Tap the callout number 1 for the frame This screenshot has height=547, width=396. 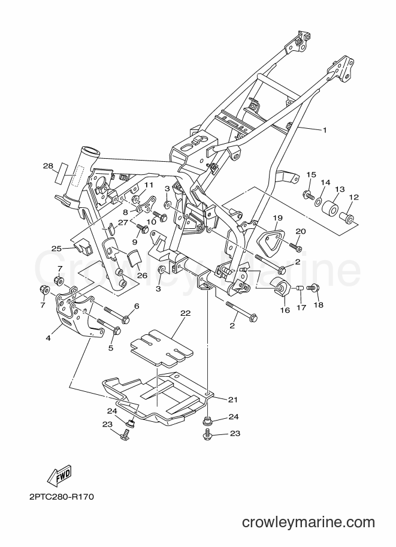point(324,131)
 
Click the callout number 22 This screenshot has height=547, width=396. point(185,313)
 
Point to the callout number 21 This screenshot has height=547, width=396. point(232,399)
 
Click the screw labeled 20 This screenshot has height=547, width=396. point(297,248)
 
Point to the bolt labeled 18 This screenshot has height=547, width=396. point(313,288)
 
